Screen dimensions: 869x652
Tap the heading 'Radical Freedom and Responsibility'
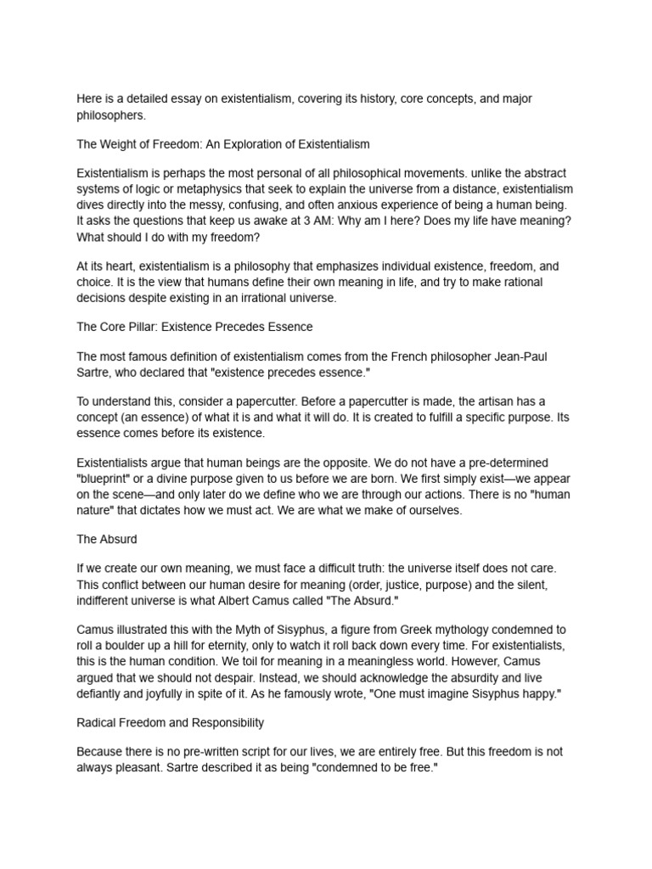tap(171, 722)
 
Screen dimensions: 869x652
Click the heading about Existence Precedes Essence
tap(194, 326)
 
